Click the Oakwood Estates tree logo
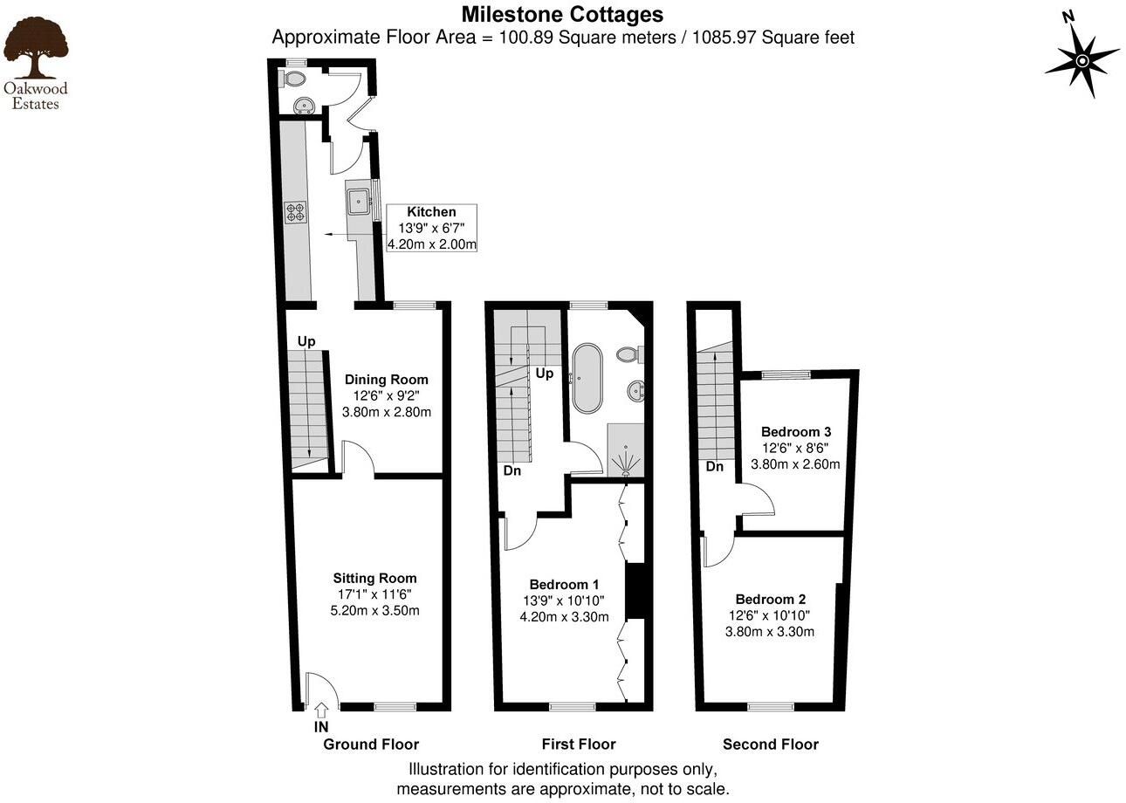36,51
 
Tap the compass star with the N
1081,59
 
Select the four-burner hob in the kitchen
295,212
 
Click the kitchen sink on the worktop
358,202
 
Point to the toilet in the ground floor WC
294,79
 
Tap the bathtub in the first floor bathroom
586,378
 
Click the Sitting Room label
374,578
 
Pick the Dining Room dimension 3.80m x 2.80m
387,412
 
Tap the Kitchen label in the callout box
431,212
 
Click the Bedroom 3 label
795,431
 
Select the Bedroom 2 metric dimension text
769,631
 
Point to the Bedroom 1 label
564,584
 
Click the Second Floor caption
770,745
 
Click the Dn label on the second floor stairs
715,467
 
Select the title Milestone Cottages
562,14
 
